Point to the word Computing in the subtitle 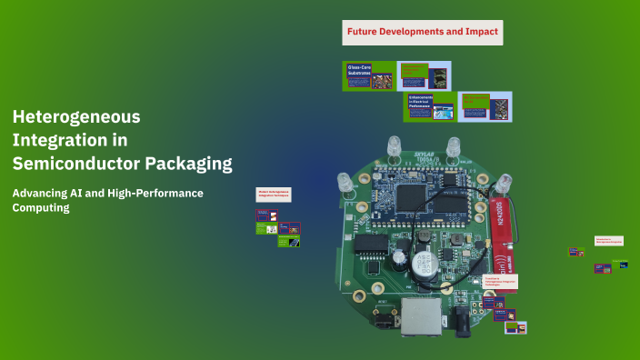point(40,208)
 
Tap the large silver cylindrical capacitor point(422,265)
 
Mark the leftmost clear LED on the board point(345,182)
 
